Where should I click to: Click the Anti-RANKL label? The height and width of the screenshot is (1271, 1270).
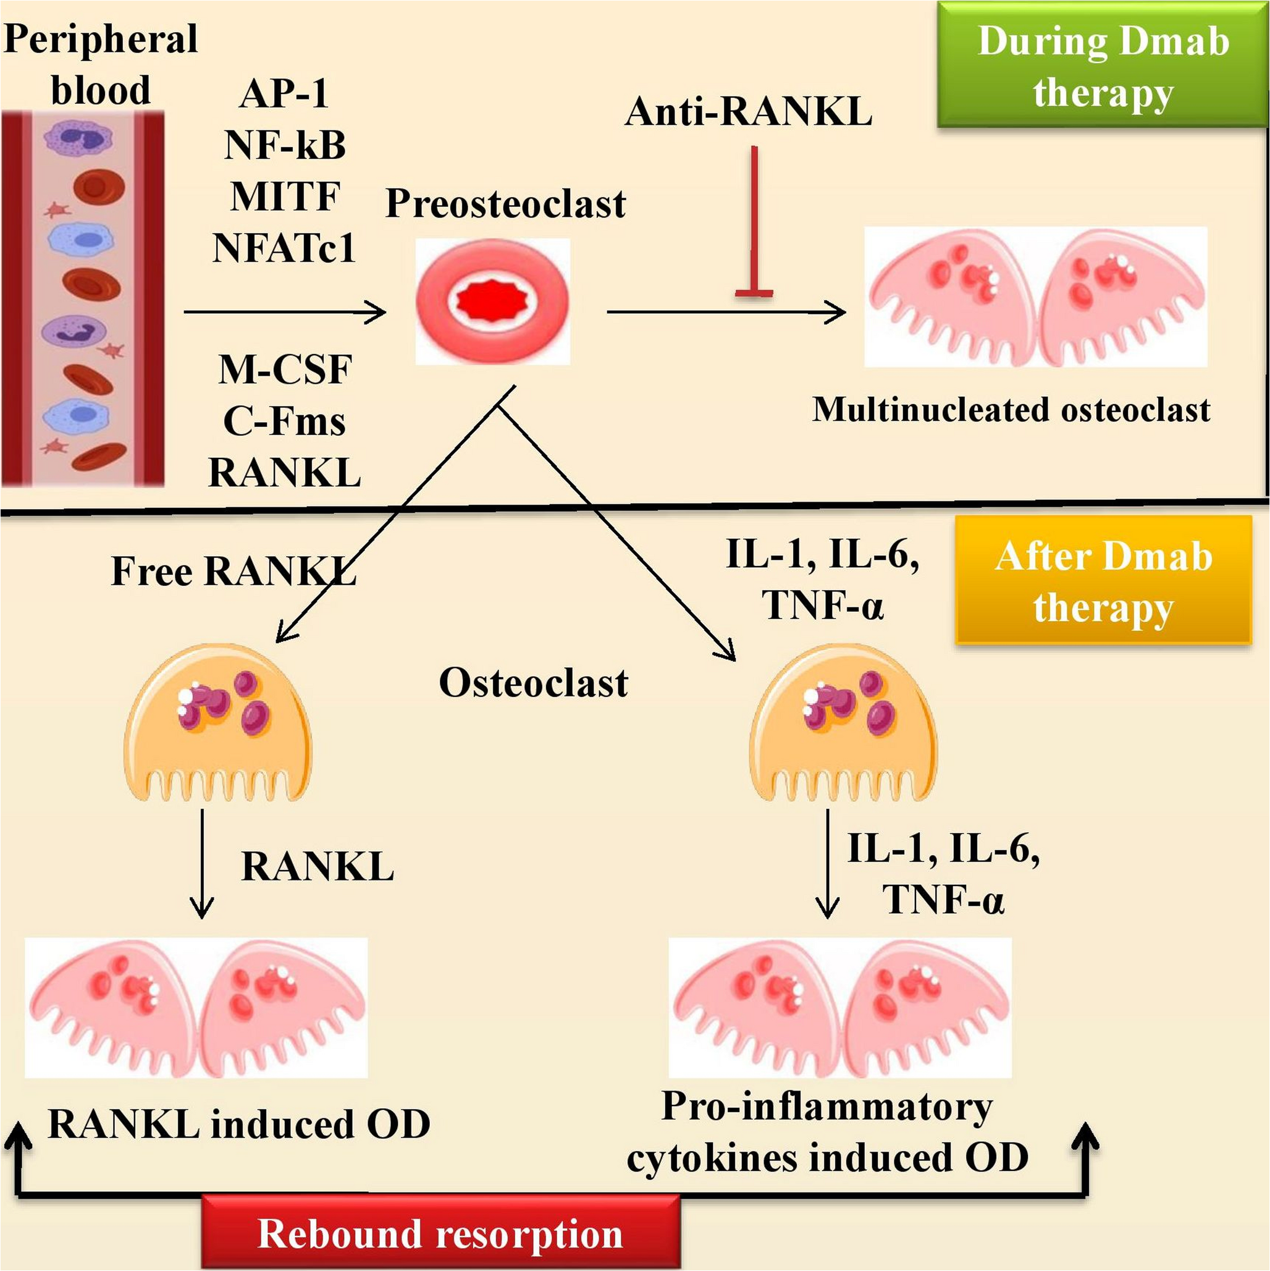[x=749, y=112]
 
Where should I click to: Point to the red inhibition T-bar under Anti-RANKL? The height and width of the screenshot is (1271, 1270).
[x=754, y=224]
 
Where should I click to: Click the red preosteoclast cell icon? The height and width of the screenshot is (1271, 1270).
[x=492, y=302]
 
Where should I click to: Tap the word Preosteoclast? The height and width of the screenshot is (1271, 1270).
[x=505, y=203]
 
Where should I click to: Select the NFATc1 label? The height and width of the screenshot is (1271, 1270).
[x=284, y=248]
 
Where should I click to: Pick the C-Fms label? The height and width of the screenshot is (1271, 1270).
[x=284, y=421]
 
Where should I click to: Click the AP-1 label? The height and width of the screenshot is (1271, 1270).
[x=284, y=93]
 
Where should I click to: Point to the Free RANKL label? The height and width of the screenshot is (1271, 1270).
[x=233, y=570]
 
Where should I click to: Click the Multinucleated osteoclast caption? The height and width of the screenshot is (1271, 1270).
[x=1011, y=410]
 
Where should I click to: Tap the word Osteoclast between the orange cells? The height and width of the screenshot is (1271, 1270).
[x=533, y=682]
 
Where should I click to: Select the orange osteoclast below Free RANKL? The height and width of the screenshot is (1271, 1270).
[x=217, y=724]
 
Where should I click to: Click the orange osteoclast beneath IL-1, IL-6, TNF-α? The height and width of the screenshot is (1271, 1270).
[x=843, y=724]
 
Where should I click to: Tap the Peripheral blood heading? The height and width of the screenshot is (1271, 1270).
[x=101, y=64]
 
